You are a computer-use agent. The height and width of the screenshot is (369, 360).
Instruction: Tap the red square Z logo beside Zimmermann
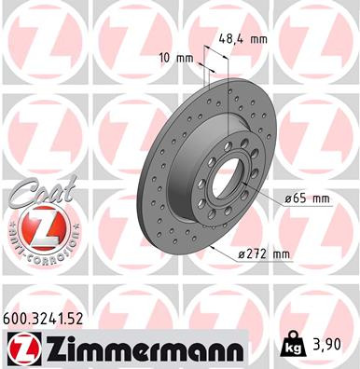[x=19, y=348]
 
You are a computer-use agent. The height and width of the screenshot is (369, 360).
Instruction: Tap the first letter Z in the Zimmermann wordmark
[x=47, y=348]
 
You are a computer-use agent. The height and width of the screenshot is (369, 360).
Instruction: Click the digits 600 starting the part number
[x=16, y=319]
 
